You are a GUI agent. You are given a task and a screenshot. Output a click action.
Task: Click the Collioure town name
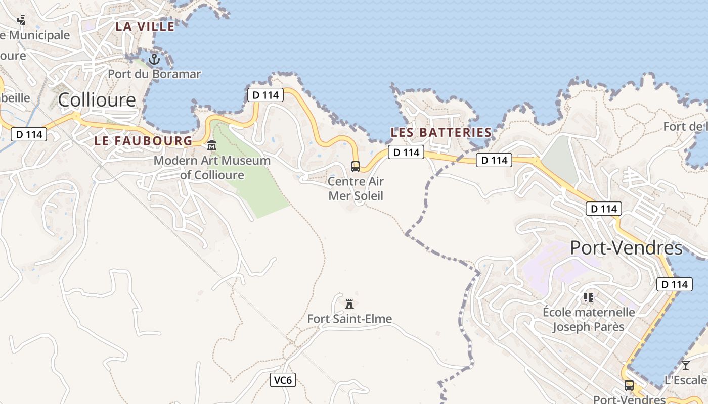pos(97,100)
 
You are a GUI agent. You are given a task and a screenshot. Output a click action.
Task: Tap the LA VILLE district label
pos(145,27)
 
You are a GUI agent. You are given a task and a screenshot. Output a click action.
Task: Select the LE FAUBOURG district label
pos(143,141)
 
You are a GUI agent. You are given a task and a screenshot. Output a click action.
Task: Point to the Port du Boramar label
pos(154,74)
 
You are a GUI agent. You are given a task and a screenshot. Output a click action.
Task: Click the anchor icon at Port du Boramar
pos(154,60)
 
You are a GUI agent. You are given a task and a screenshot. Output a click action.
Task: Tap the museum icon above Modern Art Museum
pos(212,145)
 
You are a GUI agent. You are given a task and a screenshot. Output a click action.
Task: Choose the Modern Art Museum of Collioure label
pos(212,168)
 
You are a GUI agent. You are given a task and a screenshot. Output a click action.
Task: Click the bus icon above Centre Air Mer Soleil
pos(356,166)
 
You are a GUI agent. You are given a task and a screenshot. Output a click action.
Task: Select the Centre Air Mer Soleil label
pos(356,188)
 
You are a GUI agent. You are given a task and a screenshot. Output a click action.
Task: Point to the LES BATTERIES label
pos(441,133)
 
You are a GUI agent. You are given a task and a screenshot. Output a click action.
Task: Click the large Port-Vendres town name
pos(626,248)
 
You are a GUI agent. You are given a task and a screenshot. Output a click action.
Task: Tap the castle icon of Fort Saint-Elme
pos(349,304)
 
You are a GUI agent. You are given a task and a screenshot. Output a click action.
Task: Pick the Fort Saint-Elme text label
pos(349,319)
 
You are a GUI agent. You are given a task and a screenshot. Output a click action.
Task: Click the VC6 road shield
pos(283,380)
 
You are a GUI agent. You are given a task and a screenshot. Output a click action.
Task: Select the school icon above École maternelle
pos(588,297)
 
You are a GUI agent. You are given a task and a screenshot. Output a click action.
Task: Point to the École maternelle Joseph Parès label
pos(588,319)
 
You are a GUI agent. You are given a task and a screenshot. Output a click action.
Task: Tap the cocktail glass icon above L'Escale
pos(685,365)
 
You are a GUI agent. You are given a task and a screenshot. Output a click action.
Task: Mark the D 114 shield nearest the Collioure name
pos(29,134)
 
